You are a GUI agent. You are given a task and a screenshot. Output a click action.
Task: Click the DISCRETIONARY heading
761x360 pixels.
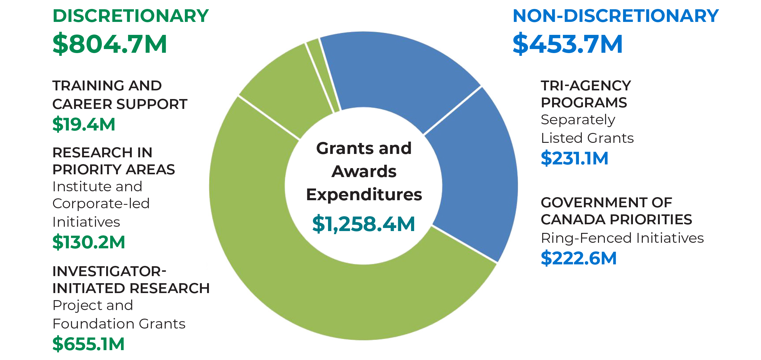click(x=131, y=16)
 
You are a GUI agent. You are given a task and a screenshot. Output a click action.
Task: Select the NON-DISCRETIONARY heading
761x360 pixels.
click(x=616, y=16)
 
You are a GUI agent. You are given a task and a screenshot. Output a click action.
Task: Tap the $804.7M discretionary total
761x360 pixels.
click(x=110, y=44)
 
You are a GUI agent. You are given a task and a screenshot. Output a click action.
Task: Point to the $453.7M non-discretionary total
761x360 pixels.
click(x=568, y=44)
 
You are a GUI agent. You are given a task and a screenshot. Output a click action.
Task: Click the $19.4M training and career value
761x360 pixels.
click(x=84, y=124)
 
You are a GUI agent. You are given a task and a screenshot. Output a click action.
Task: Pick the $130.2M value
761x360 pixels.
click(x=89, y=242)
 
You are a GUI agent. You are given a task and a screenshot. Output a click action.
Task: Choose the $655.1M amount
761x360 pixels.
click(x=88, y=344)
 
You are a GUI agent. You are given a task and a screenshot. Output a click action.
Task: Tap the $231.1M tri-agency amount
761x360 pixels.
click(x=574, y=158)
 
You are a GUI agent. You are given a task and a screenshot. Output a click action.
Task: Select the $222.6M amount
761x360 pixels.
click(x=579, y=258)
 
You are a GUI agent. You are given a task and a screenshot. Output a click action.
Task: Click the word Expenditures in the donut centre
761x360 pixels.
click(x=364, y=195)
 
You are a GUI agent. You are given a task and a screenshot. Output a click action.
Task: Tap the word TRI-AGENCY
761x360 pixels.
click(x=586, y=86)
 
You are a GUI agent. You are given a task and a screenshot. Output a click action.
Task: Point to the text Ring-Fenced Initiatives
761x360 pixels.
click(x=622, y=238)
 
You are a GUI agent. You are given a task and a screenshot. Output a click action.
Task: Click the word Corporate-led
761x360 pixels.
click(x=101, y=204)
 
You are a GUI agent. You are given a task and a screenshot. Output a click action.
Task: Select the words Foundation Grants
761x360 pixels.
click(x=119, y=324)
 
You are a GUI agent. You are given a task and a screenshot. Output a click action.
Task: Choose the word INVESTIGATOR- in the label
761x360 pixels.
click(x=109, y=271)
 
